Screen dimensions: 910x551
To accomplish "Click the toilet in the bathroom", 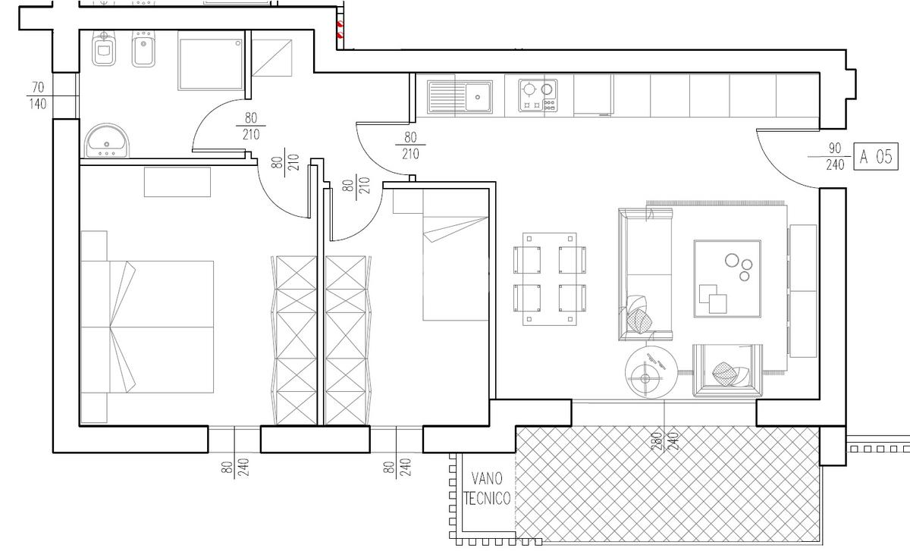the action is tap(104, 48).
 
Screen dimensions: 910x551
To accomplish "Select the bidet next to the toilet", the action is tap(143, 49).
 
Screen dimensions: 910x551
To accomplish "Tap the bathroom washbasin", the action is tap(106, 141).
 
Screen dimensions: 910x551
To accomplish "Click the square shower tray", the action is tap(211, 64).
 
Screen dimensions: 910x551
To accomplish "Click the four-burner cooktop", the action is tap(538, 95).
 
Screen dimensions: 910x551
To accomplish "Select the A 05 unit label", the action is tap(875, 156).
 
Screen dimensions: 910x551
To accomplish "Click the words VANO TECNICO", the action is tap(487, 488).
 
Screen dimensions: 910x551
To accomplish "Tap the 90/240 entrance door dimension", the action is tap(834, 156).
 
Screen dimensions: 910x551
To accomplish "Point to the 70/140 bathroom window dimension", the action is tap(38, 95).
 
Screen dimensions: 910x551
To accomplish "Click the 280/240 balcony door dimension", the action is tap(664, 441).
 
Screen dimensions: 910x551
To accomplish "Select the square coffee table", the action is tap(727, 279).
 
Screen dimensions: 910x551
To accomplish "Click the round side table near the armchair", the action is tap(651, 372).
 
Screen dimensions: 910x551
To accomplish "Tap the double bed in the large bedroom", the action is tap(147, 327).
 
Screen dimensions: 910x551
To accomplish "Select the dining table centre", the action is tap(550, 280).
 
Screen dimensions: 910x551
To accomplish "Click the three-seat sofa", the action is tap(645, 274).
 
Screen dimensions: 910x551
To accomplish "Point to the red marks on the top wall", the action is tap(340, 30).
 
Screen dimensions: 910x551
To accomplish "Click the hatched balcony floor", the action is tap(667, 484).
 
